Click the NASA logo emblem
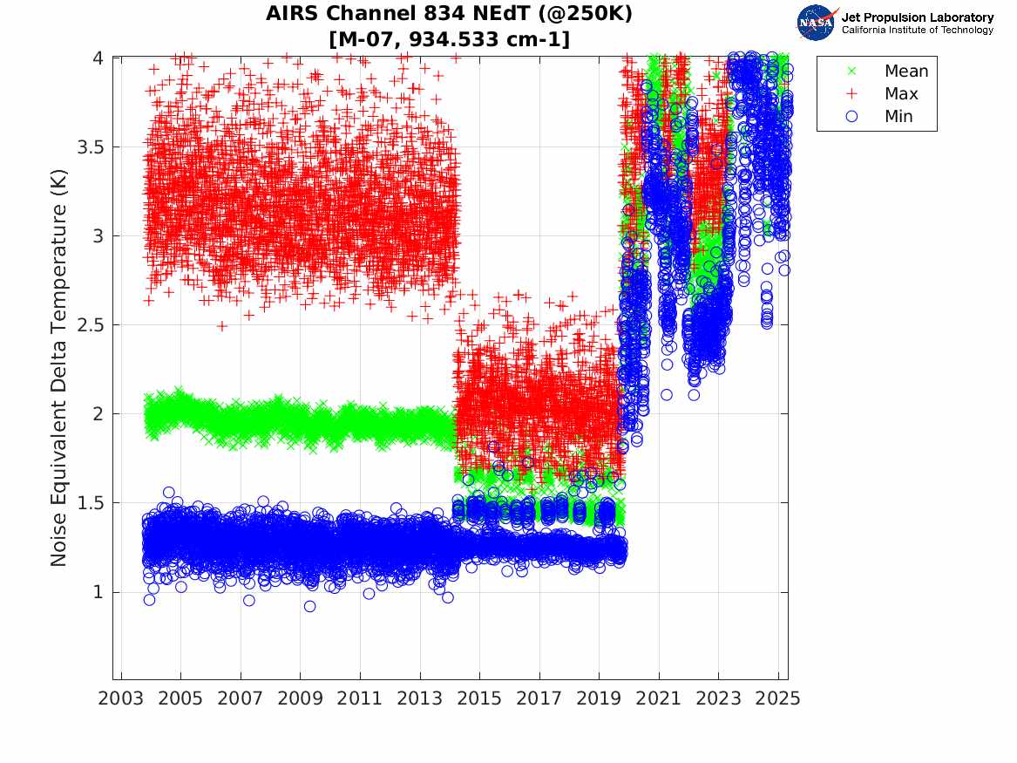point(817,23)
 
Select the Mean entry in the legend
point(906,72)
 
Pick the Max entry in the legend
point(901,94)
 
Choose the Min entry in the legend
point(899,117)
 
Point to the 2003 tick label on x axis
point(121,698)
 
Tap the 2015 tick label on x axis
point(479,698)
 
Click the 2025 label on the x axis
point(778,698)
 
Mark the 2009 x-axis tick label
point(301,698)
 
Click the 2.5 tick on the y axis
point(90,325)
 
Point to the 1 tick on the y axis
point(98,592)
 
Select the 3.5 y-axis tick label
point(90,147)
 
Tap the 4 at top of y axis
point(98,58)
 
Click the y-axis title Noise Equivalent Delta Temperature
point(58,368)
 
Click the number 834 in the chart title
point(445,15)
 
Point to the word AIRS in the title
point(291,15)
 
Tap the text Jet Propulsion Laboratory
point(917,17)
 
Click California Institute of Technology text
point(917,31)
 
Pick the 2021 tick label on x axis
point(659,698)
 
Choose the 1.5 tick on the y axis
point(90,503)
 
